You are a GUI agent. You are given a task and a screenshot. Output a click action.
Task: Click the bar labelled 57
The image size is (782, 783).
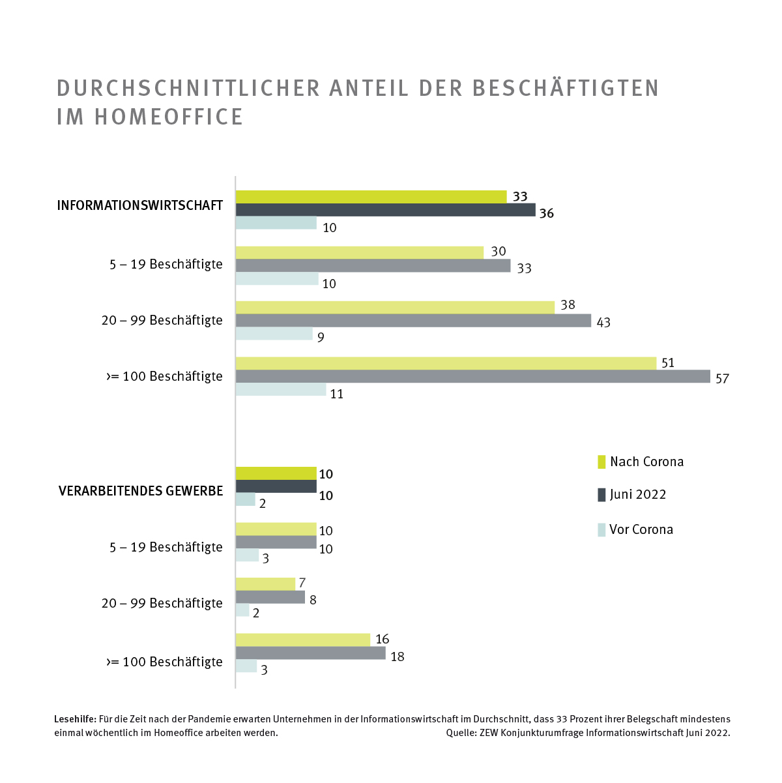[x=472, y=376]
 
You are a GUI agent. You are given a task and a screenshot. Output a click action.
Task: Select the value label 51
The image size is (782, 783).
[x=668, y=363]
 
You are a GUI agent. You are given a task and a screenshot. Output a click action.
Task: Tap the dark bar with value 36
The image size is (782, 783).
[x=385, y=210]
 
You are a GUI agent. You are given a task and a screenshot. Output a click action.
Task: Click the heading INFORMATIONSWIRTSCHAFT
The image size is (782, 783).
[x=140, y=206]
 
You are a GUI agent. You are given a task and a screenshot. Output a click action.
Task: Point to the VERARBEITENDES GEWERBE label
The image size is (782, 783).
[x=141, y=491]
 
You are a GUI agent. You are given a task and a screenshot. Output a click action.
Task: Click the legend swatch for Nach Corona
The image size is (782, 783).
[x=601, y=462]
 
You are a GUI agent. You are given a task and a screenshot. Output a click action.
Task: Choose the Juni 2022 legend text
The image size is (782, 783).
[x=638, y=494]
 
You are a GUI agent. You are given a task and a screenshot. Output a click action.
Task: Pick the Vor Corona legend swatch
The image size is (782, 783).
[x=601, y=529]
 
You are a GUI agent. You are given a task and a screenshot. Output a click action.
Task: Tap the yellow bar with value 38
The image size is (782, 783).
[x=395, y=307]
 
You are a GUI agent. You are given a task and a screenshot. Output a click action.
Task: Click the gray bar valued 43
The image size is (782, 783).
[x=413, y=321]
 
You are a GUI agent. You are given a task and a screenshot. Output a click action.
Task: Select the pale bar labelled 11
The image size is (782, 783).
[x=281, y=390]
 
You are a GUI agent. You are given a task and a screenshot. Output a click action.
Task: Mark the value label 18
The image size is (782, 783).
[x=398, y=657]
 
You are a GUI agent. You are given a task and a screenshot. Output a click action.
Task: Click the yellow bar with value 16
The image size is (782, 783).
[x=302, y=640]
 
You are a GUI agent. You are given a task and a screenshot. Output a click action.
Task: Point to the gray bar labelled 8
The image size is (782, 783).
[x=270, y=597]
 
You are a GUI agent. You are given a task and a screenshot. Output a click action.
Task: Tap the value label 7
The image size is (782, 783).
[x=302, y=583]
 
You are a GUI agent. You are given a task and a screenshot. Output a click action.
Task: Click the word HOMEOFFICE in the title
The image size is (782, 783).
[x=169, y=117]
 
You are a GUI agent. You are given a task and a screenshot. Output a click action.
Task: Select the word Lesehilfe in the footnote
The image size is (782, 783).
[x=75, y=719]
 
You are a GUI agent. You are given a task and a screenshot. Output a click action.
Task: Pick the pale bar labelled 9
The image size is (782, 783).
[x=274, y=334]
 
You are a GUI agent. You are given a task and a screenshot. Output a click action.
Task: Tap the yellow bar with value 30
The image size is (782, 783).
[x=359, y=252]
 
